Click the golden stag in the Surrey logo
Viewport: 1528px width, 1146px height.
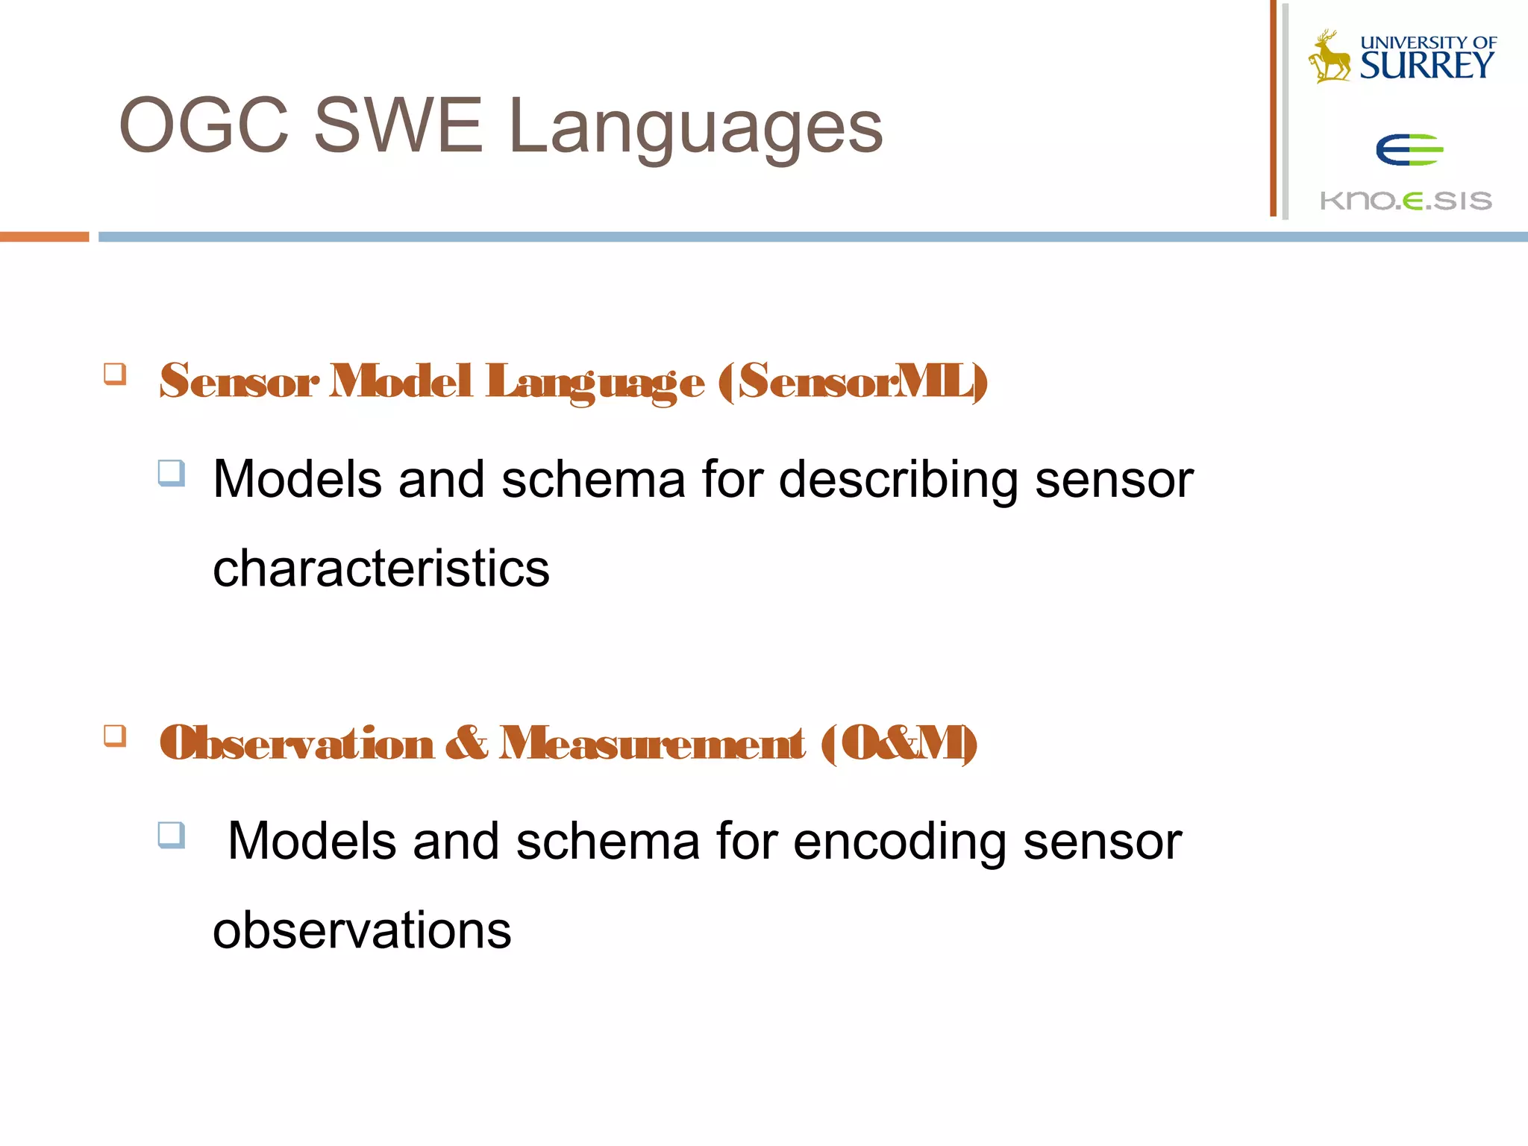coord(1329,57)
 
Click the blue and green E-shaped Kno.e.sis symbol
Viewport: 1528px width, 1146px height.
coord(1409,150)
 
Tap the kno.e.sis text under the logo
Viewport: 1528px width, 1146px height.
coord(1406,200)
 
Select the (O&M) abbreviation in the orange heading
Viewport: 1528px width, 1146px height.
coord(899,743)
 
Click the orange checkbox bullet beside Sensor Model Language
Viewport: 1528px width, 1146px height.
coord(115,373)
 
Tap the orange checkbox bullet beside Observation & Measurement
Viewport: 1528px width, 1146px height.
coord(115,736)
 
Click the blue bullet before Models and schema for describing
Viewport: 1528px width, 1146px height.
coord(172,473)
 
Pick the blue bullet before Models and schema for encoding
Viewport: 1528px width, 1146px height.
coord(172,835)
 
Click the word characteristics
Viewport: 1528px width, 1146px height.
coord(381,569)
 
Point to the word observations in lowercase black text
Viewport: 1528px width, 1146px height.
coord(362,930)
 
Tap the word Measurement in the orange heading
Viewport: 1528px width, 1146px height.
coord(652,743)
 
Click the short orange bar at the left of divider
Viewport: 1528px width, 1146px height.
coord(44,237)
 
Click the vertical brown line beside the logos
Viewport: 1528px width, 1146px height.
coord(1274,108)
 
